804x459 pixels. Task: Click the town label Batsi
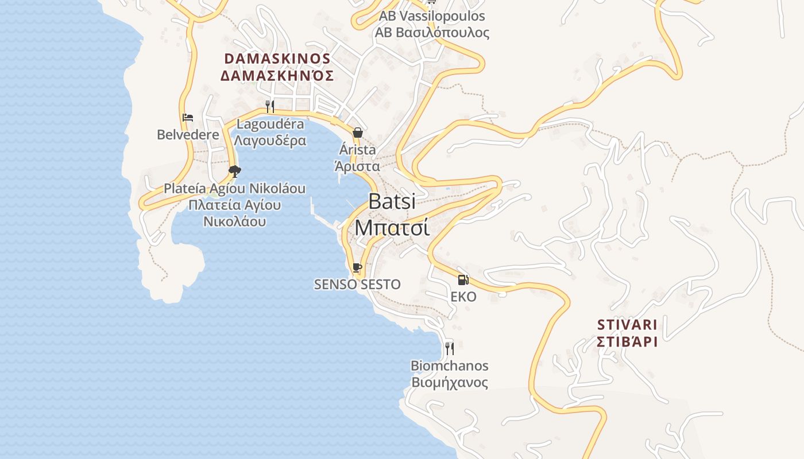(392, 201)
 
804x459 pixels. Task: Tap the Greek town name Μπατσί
(392, 227)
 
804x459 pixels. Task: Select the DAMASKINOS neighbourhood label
(277, 59)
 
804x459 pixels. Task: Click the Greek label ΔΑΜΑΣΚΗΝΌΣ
(277, 75)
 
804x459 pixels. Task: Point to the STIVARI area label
(627, 325)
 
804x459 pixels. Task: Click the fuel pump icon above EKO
(463, 280)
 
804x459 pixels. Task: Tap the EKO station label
(463, 297)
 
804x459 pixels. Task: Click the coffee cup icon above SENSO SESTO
(357, 267)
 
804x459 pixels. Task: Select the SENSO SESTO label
(357, 284)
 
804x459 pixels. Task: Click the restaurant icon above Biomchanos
(450, 348)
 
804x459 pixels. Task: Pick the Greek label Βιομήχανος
(450, 382)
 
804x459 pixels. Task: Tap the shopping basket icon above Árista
(358, 133)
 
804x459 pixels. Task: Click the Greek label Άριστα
(357, 166)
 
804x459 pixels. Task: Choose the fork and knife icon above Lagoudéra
(270, 106)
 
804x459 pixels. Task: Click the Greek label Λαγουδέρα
(270, 140)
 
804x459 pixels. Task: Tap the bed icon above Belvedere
(188, 118)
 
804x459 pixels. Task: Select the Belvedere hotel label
(188, 135)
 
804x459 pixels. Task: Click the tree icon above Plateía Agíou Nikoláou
(234, 171)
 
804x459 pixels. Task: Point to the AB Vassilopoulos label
(432, 16)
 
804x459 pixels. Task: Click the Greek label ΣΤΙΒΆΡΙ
(627, 341)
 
